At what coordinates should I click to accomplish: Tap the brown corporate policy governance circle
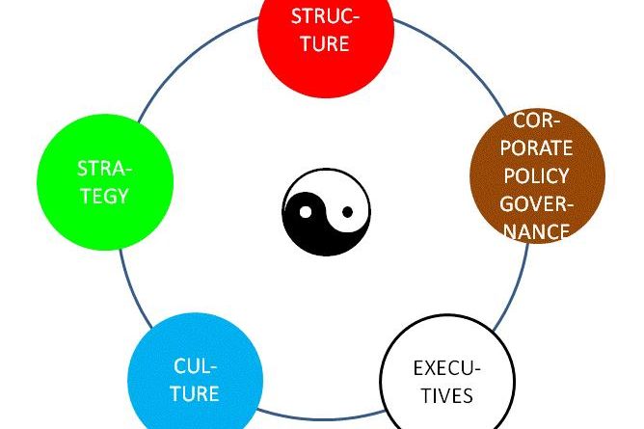pos(538,176)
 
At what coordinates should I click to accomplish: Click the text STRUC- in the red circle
pos(326,16)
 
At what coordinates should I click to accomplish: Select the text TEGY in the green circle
pos(104,195)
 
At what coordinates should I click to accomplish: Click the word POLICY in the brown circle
pos(537,176)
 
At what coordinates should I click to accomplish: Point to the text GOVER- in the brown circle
pos(537,204)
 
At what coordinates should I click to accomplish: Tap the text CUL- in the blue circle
pos(196,366)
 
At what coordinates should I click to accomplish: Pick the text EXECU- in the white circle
pos(446,368)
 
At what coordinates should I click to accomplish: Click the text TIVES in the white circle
pos(444,395)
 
